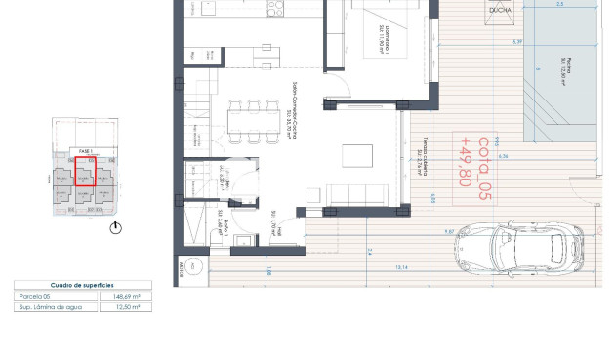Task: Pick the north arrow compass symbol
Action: tap(117, 228)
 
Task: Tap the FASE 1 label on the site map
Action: tap(85, 151)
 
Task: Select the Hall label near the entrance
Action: tap(277, 234)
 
